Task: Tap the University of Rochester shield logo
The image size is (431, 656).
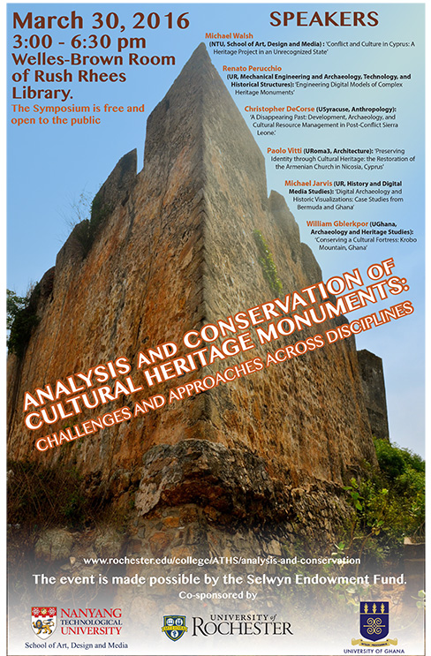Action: tap(174, 627)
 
